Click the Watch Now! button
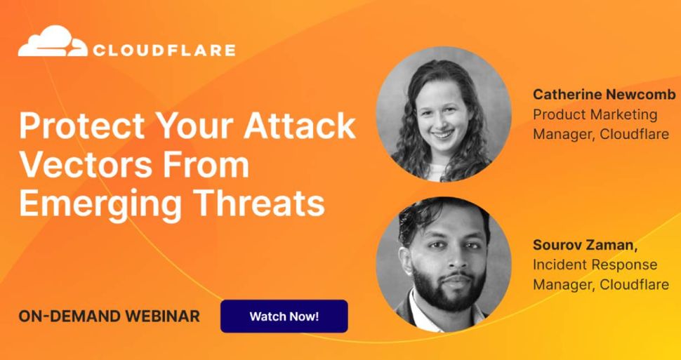tap(284, 316)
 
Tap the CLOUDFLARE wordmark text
tap(164, 50)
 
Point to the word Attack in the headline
tap(300, 127)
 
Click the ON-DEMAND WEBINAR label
tap(109, 316)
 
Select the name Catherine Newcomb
tap(604, 94)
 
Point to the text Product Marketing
tap(595, 114)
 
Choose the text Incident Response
tap(595, 265)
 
